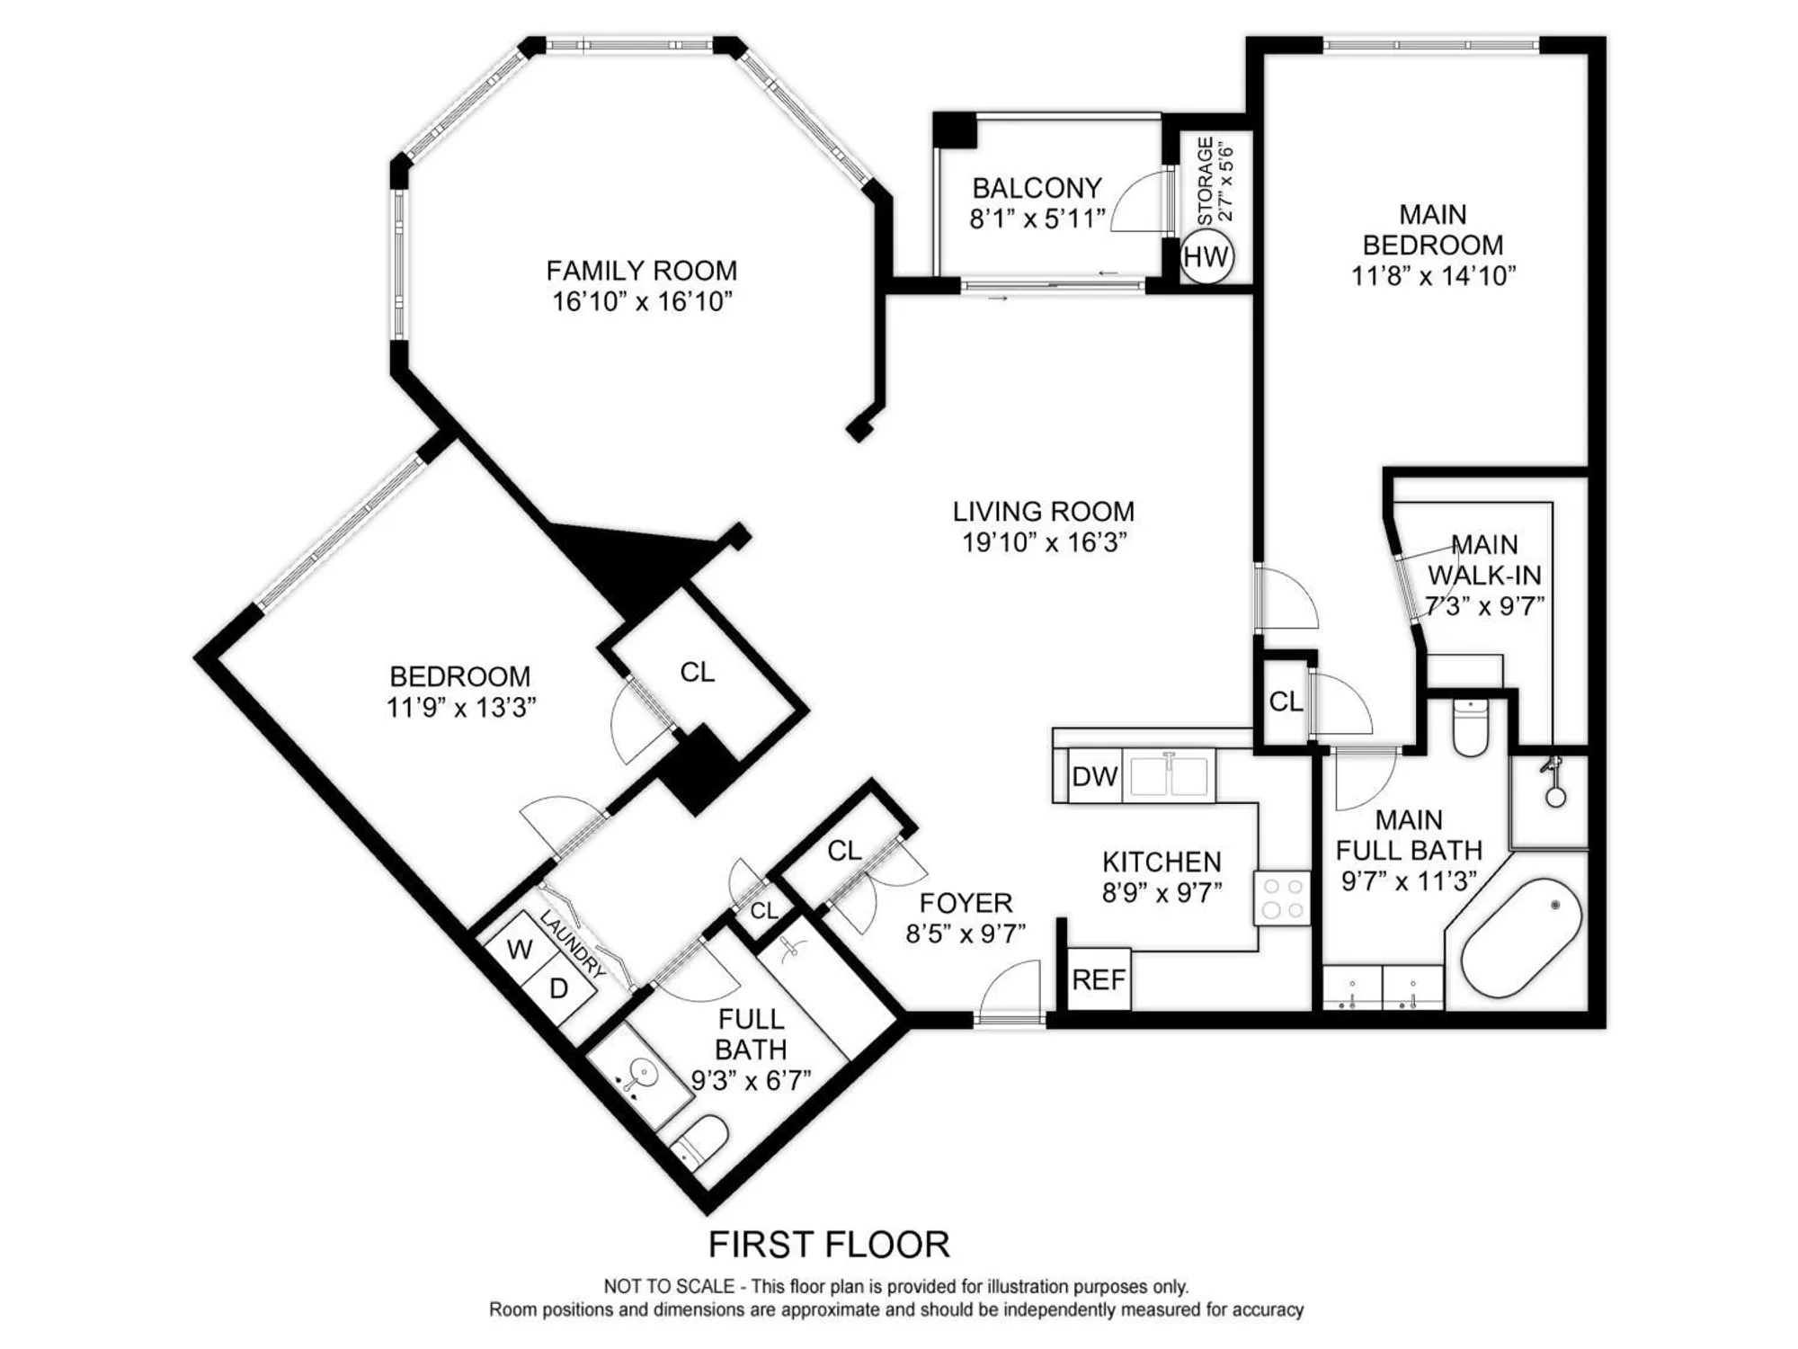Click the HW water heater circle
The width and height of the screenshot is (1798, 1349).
pos(1206,256)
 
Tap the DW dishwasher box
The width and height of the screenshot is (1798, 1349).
pos(1095,776)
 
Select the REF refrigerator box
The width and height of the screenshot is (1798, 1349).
pos(1099,979)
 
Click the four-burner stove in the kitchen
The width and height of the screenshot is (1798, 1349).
pos(1283,898)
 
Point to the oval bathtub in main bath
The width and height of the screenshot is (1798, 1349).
pos(1521,936)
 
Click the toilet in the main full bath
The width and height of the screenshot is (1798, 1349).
pos(1471,729)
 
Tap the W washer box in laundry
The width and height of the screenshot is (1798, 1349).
pos(520,949)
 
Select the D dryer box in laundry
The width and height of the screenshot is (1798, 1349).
pos(559,988)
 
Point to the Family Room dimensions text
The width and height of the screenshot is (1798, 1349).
pos(642,301)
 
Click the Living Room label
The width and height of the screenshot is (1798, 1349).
pos(1043,512)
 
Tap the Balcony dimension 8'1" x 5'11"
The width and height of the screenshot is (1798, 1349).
pos(1037,219)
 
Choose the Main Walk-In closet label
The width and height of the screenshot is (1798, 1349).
pos(1484,559)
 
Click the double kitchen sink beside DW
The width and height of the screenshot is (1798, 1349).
pos(1169,776)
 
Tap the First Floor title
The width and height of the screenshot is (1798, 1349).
pos(828,1245)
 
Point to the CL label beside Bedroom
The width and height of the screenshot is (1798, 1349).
pos(698,672)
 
